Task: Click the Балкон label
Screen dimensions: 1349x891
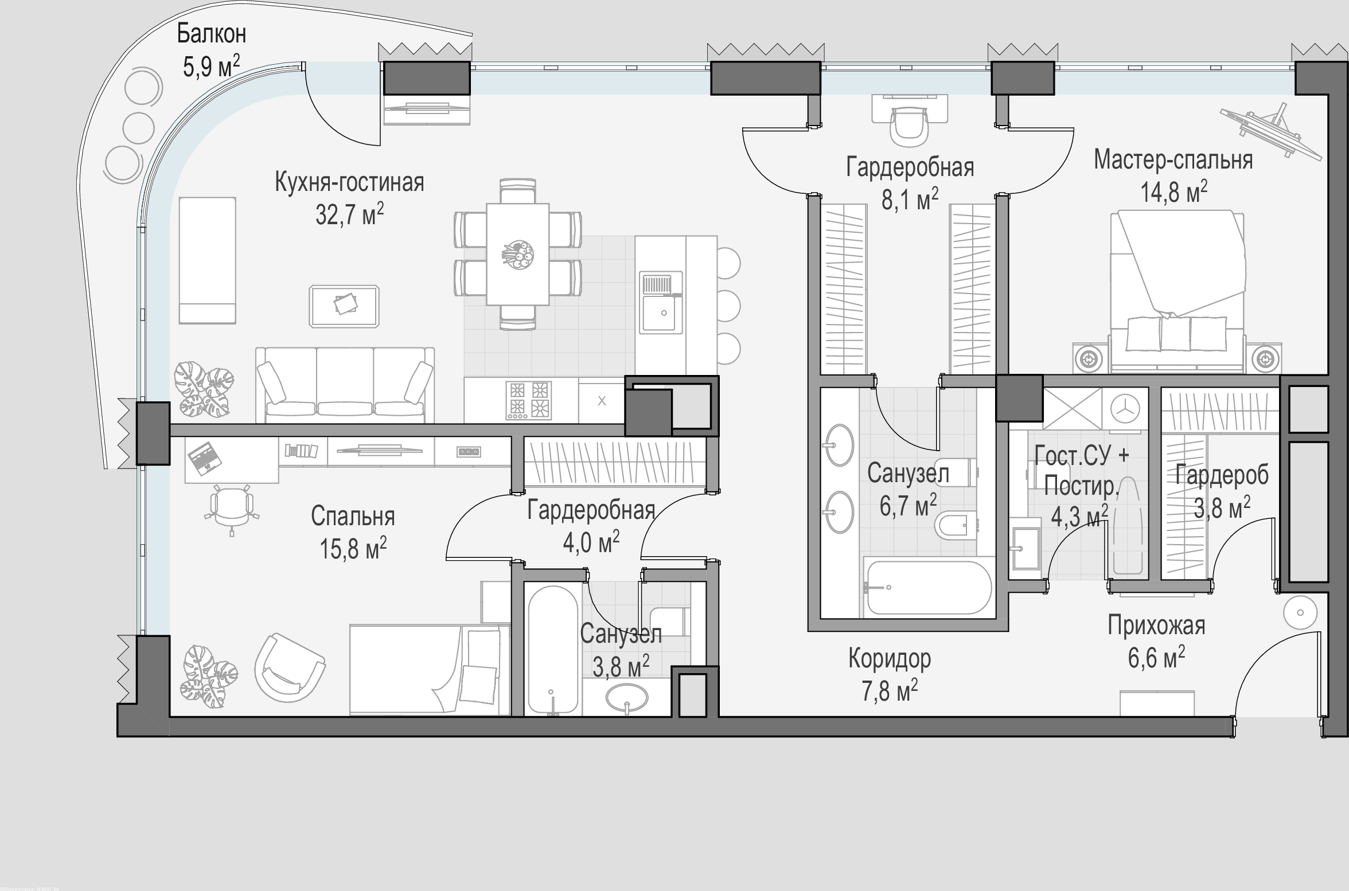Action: (x=211, y=34)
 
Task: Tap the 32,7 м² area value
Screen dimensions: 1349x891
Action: (x=349, y=214)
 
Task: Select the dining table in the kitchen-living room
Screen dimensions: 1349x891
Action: (x=518, y=254)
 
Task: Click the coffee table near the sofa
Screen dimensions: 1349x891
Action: (x=344, y=306)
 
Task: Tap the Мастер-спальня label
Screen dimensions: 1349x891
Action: (x=1173, y=160)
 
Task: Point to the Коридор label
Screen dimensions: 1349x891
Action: (x=890, y=659)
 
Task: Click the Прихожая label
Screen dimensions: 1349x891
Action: (x=1156, y=626)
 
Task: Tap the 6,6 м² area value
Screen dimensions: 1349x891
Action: (x=1156, y=657)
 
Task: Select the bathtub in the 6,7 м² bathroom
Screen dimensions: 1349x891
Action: (x=929, y=587)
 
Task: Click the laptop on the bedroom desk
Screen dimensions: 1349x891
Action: (x=204, y=458)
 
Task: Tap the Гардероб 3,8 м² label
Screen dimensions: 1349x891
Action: (x=1222, y=491)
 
